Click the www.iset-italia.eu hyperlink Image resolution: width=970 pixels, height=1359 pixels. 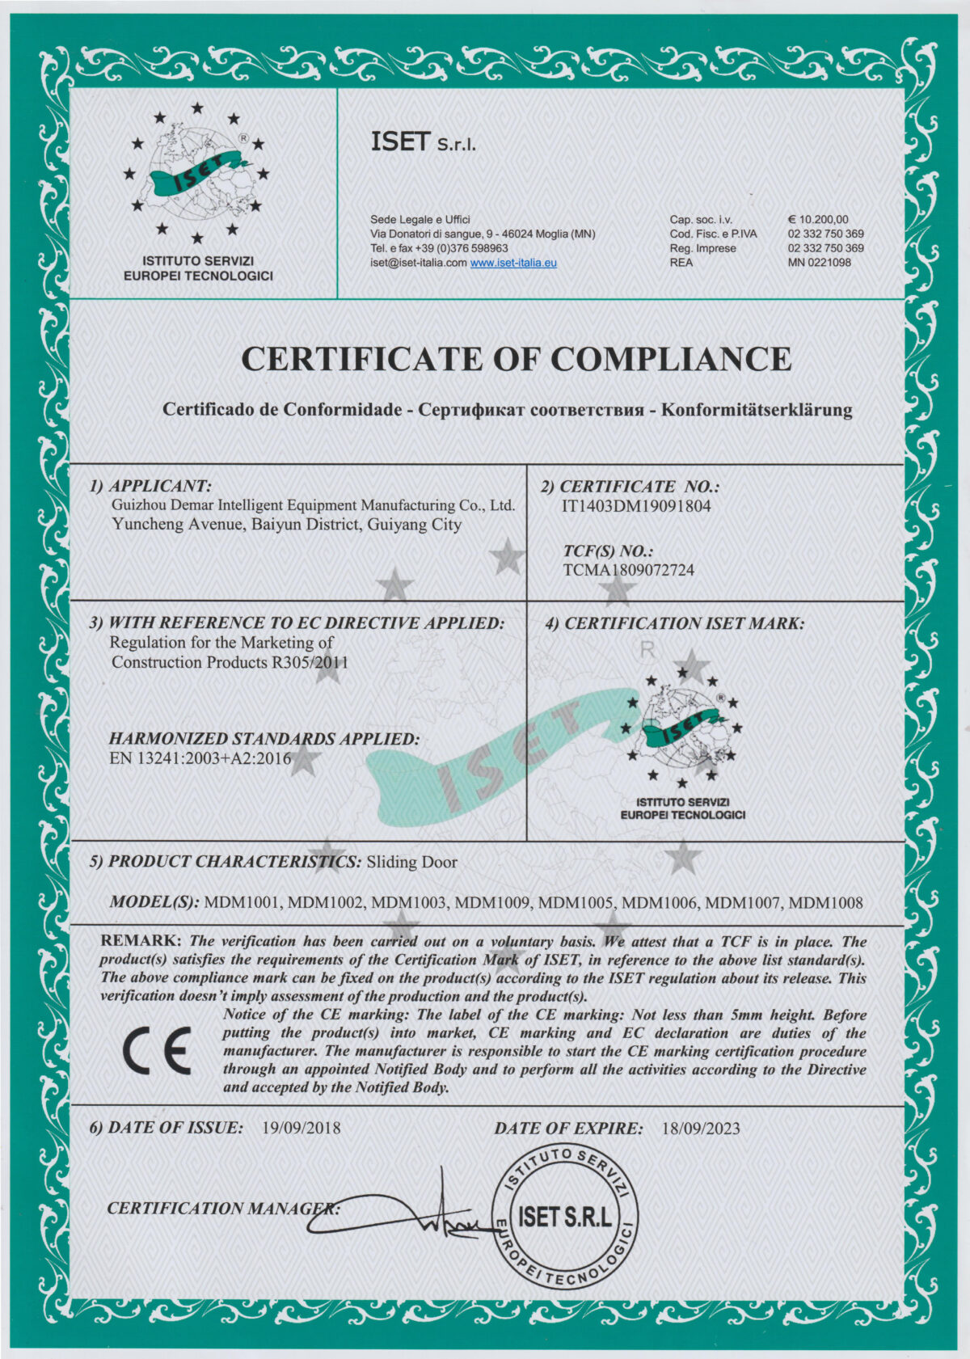[513, 263]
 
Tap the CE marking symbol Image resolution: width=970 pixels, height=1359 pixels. [158, 1051]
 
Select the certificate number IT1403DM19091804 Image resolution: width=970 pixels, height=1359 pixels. [636, 506]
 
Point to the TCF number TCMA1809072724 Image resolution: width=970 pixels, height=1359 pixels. [628, 570]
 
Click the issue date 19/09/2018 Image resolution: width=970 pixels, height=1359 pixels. [302, 1128]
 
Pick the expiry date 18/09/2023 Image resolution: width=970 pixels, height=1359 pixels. [700, 1129]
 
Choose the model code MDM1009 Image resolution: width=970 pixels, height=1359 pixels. [493, 903]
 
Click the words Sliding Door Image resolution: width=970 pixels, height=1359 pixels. [412, 862]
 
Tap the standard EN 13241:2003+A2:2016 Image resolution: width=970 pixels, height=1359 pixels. [200, 758]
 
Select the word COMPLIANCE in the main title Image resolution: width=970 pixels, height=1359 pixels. [671, 359]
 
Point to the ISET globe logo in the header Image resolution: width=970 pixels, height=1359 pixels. [196, 174]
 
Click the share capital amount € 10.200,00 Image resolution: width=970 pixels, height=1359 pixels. [818, 219]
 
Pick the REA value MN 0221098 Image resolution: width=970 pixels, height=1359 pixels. [819, 263]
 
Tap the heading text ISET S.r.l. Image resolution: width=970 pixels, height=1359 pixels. [423, 142]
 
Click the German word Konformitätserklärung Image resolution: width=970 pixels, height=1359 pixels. [757, 410]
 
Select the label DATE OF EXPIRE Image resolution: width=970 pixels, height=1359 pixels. [568, 1128]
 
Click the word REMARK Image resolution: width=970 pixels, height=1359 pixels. [141, 941]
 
